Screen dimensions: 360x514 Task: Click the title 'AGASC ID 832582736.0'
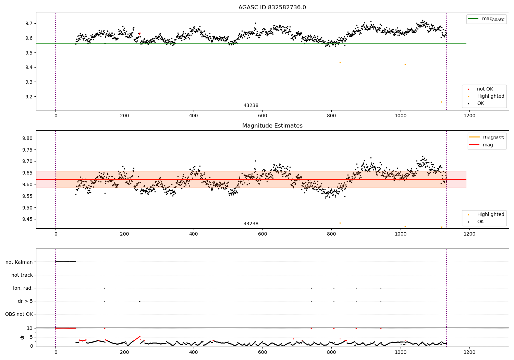pyautogui.click(x=272, y=8)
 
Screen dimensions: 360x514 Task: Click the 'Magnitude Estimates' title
pyautogui.click(x=272, y=126)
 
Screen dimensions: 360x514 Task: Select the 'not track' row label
pyautogui.click(x=22, y=275)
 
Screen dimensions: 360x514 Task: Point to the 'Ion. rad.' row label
pyautogui.click(x=23, y=288)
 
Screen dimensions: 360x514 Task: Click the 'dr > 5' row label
pyautogui.click(x=25, y=301)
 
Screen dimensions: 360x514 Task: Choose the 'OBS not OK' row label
pyautogui.click(x=19, y=314)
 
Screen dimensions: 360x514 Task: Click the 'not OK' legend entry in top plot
pyautogui.click(x=485, y=89)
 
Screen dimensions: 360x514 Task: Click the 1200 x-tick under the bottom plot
pyautogui.click(x=469, y=352)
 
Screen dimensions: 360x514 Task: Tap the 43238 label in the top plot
pyautogui.click(x=251, y=105)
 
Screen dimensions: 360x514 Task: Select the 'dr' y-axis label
pyautogui.click(x=22, y=337)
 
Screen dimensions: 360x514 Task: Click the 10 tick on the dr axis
pyautogui.click(x=30, y=328)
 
